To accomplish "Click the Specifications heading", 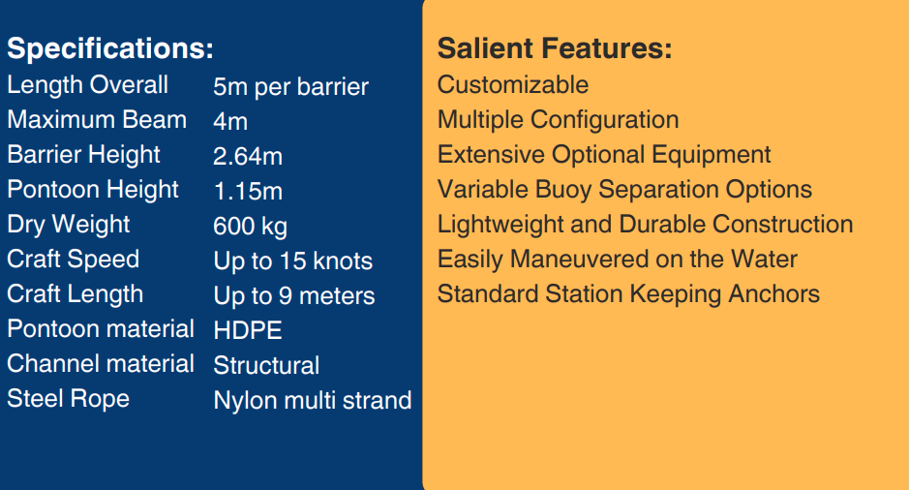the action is coord(110,48).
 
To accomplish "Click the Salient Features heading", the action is coord(555,48).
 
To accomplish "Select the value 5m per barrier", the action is coord(290,87).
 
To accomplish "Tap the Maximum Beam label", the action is coord(97,119).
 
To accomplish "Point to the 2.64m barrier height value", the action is coord(248,157).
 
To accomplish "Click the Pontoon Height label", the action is coord(93,190).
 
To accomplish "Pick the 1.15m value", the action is coord(248,192).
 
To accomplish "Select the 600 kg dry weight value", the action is coord(250,227).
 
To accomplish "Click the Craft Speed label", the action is coord(73,260).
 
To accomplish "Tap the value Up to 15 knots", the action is coord(292,261).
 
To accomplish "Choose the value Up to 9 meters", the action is coord(294,296).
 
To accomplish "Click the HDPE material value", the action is coord(248,330).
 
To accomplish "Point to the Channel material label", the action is coord(101,363).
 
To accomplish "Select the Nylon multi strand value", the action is coord(313,400).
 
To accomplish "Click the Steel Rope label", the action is coord(69,399).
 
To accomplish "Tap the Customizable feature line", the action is coord(513,84).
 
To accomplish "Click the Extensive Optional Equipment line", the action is coord(604,155).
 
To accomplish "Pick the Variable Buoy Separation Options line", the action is coord(624,190).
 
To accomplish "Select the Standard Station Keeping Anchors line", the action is coord(628,294).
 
